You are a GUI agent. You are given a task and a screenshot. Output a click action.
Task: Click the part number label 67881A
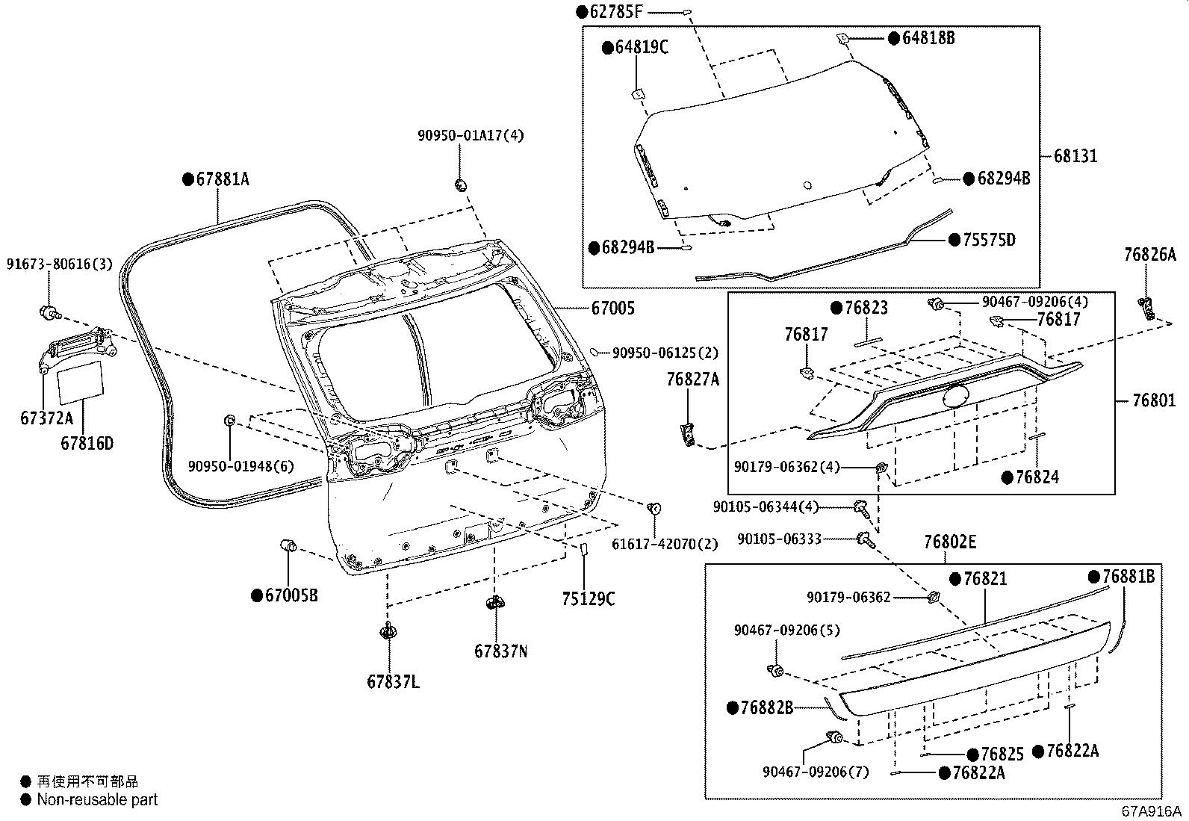coord(222,180)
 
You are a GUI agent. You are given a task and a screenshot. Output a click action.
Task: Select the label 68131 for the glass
coord(1075,156)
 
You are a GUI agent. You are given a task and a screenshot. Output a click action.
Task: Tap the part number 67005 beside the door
coord(613,308)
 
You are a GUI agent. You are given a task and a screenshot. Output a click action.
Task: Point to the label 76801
coord(1153,401)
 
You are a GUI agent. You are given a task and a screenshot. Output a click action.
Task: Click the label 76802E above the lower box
coord(949,543)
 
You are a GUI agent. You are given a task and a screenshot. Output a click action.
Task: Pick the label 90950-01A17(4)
coord(471,136)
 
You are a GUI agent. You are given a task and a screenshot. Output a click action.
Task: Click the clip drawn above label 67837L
coord(388,632)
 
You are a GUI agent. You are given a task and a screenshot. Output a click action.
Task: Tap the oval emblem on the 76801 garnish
coord(957,396)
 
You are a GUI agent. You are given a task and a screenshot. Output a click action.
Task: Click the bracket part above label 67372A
coord(75,350)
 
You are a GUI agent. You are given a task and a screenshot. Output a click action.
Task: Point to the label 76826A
coord(1149,255)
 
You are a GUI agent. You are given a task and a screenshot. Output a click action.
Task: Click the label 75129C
coord(589,599)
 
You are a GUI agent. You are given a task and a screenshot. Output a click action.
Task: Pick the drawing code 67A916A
coord(1151,811)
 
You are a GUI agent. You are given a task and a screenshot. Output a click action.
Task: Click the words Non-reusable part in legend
coord(97,800)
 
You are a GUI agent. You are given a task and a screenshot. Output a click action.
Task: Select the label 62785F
coord(616,12)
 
